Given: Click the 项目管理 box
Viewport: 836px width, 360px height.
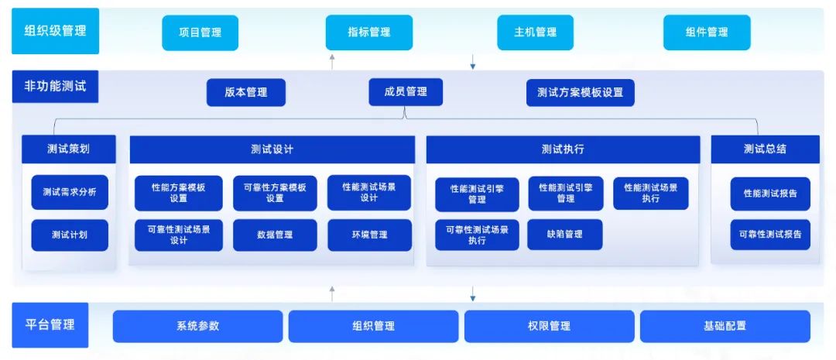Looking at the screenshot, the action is click(200, 33).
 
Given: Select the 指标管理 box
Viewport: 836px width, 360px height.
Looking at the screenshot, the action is click(369, 33).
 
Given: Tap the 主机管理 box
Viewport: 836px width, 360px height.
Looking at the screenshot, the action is click(536, 33).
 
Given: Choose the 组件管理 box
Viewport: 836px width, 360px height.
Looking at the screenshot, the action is click(707, 33).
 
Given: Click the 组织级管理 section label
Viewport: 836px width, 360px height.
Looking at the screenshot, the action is click(56, 31).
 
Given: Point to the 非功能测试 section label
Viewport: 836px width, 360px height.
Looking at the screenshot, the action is click(56, 87).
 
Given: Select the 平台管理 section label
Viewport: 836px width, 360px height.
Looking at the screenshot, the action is click(50, 325).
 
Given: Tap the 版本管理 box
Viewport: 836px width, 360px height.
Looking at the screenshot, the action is click(246, 92).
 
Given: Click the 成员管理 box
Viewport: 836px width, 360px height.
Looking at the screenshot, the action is click(406, 91).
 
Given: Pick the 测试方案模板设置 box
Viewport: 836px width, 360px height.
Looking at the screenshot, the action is click(580, 92).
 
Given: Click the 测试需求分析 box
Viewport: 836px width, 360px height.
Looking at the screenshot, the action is click(70, 193).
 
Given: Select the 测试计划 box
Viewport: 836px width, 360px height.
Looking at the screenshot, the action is click(70, 235).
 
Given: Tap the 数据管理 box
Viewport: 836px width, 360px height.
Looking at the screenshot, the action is click(275, 235).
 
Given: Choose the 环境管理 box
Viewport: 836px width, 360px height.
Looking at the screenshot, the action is click(369, 235).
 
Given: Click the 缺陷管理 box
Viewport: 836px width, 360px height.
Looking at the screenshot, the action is click(565, 235).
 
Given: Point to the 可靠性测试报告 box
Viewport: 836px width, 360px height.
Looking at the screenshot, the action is click(770, 235).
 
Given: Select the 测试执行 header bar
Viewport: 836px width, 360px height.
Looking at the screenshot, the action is click(563, 149).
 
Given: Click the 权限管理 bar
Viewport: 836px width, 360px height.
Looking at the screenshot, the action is click(549, 327).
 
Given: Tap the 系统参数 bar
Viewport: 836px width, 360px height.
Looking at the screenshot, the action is click(198, 327).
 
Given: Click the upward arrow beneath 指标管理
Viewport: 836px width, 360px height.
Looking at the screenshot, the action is click(332, 61).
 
